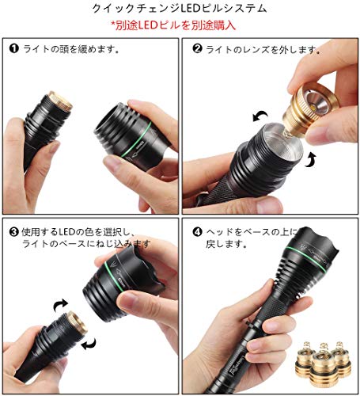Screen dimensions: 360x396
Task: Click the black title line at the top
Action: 180,9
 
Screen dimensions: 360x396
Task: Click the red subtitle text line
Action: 173,25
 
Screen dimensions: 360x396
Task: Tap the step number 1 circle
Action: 14,48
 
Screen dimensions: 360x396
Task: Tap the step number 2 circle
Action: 197,48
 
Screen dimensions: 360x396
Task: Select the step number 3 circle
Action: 13,232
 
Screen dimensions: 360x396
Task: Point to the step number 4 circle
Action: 197,232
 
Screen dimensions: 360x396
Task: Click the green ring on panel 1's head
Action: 136,139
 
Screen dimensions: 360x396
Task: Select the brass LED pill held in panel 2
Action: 309,109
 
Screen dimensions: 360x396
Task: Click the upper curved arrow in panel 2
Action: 260,116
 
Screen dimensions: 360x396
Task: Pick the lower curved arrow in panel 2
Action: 310,160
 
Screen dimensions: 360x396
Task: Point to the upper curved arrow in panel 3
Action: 61,305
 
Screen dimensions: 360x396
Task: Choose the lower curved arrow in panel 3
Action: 89,344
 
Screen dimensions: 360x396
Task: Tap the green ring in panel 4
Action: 306,258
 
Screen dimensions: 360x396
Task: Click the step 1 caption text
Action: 70,48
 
